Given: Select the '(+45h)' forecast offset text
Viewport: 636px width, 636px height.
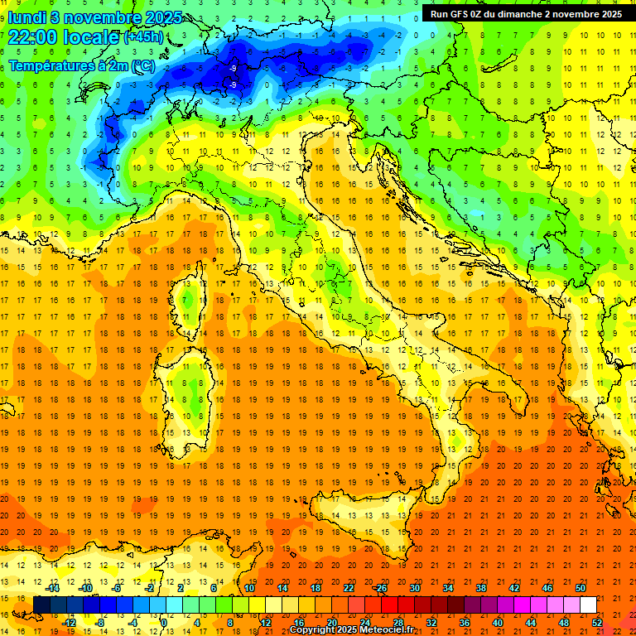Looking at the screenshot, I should pos(143,37).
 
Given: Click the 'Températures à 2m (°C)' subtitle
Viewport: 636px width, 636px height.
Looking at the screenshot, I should pos(81,65).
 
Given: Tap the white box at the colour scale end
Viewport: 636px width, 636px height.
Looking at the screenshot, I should pos(588,605).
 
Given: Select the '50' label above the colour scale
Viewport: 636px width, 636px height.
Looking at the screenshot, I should pos(580,588).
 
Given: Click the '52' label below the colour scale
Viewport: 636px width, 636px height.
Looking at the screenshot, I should pos(597,622).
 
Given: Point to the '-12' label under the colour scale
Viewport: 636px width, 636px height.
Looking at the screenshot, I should pos(69,622).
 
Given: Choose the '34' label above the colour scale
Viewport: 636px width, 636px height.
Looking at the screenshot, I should pos(447,588).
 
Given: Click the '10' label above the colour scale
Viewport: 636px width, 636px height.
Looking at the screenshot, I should pos(248,588).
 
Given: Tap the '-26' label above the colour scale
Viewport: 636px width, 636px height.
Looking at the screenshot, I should pos(380,588).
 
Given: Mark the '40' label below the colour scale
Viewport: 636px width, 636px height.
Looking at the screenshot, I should pos(497,622).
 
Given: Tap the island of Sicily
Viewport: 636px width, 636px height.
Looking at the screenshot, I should pos(364,522).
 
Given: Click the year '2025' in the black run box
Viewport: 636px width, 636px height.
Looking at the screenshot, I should pos(608,14).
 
